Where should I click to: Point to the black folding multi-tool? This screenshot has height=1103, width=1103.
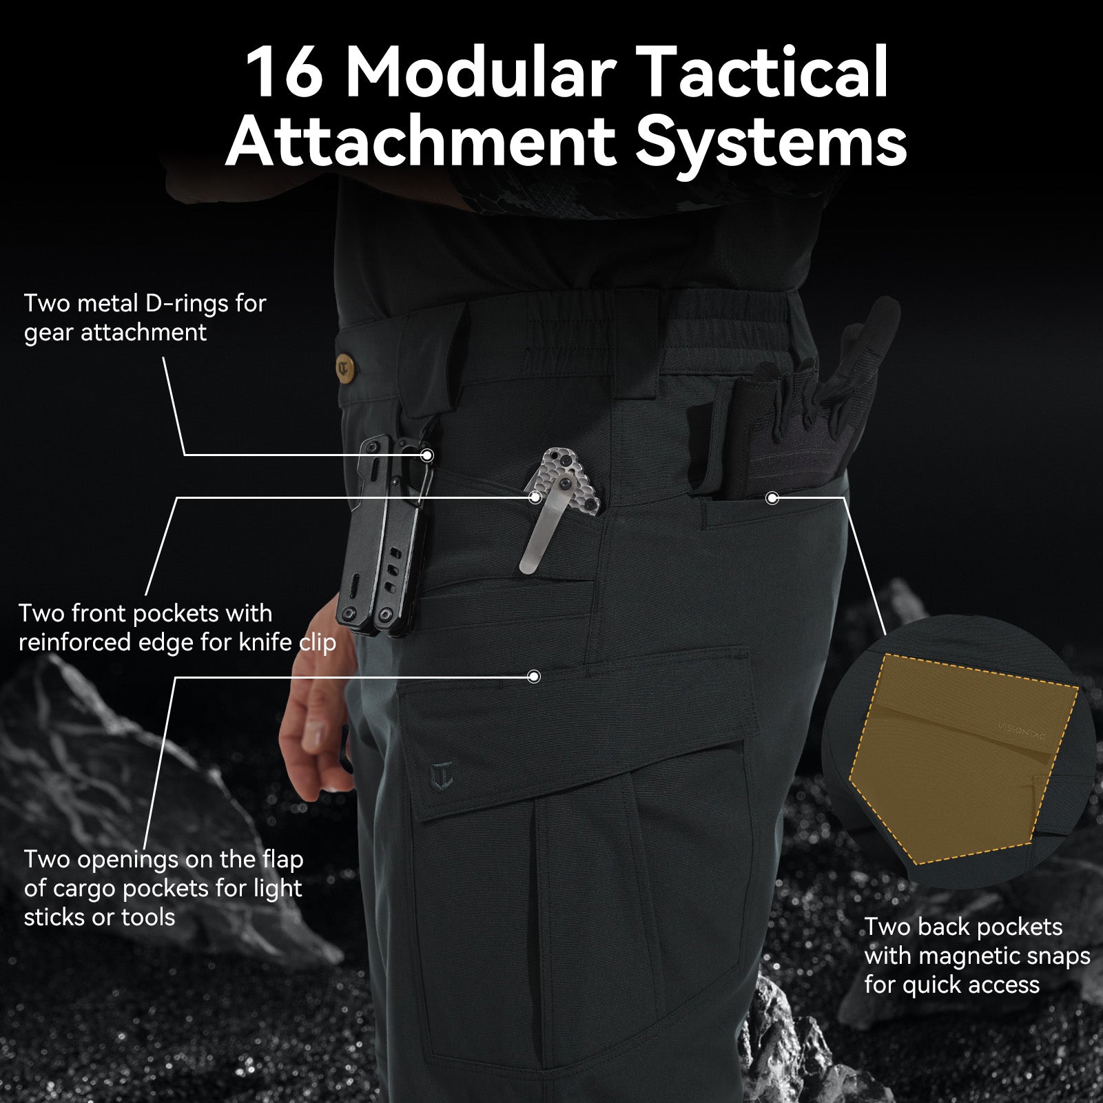tap(383, 537)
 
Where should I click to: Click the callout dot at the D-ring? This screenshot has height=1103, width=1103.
tap(427, 455)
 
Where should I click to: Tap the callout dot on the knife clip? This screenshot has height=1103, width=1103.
tap(535, 497)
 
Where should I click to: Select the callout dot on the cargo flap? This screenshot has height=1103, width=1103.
tap(533, 677)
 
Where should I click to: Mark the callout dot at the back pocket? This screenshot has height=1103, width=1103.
tap(772, 497)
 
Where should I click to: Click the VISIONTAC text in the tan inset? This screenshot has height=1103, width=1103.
tap(1022, 731)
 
